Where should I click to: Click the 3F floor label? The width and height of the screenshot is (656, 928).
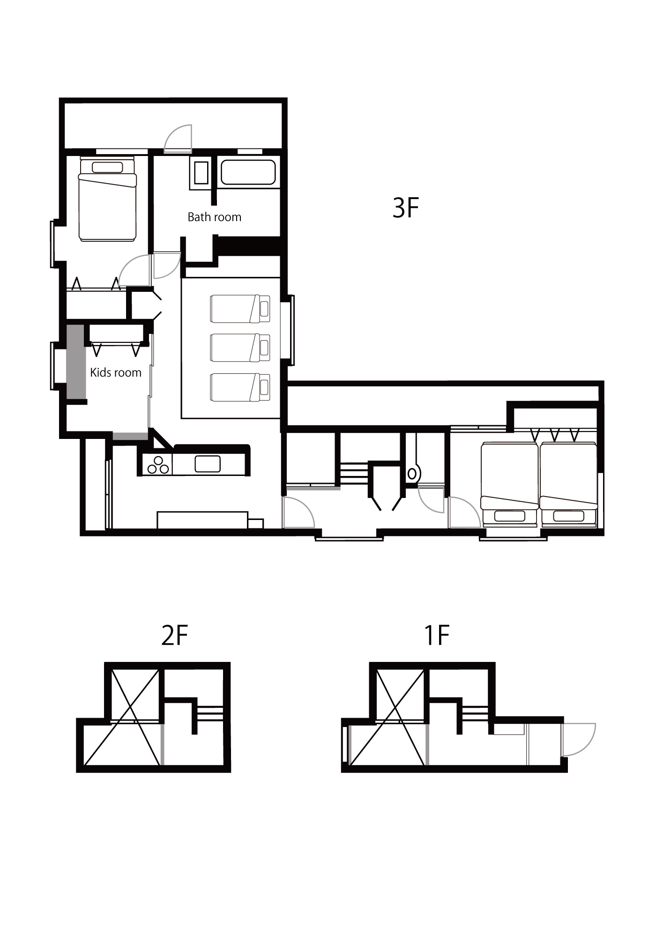pyautogui.click(x=405, y=208)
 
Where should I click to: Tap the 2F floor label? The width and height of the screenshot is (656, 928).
pyautogui.click(x=175, y=636)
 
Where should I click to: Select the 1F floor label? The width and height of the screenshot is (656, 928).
pyautogui.click(x=436, y=636)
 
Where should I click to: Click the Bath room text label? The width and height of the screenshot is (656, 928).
pyautogui.click(x=215, y=217)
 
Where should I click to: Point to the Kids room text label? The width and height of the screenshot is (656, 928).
pyautogui.click(x=116, y=372)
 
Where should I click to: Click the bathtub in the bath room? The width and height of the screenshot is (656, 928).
pyautogui.click(x=248, y=173)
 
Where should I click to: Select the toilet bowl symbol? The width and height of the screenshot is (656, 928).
pyautogui.click(x=412, y=474)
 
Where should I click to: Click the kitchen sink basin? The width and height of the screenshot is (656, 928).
pyautogui.click(x=208, y=464)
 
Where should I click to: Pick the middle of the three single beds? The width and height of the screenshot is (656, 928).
pyautogui.click(x=240, y=348)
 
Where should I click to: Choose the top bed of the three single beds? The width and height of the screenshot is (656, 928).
pyautogui.click(x=240, y=309)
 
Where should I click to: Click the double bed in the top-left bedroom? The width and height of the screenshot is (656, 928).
pyautogui.click(x=107, y=199)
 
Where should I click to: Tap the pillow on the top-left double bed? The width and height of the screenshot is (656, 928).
pyautogui.click(x=107, y=167)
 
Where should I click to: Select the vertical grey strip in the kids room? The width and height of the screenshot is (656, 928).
pyautogui.click(x=75, y=362)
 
